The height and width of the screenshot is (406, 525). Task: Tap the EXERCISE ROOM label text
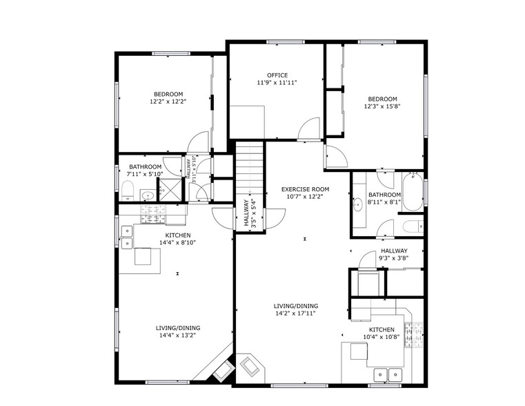[305, 188]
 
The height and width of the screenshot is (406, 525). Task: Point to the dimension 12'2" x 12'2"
[168, 101]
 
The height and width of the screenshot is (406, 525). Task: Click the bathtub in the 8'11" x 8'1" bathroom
[413, 193]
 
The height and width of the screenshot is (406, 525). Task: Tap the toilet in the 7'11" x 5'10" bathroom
[128, 190]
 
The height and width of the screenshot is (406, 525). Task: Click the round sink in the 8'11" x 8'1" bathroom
[357, 204]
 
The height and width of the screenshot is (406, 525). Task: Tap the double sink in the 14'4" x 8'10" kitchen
[127, 236]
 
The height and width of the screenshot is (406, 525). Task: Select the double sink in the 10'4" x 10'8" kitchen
[387, 375]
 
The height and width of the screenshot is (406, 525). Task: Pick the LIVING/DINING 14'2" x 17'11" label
[295, 309]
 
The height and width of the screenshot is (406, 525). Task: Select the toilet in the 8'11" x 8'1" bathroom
[408, 226]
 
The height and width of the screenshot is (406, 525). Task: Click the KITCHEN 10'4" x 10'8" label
[382, 333]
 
